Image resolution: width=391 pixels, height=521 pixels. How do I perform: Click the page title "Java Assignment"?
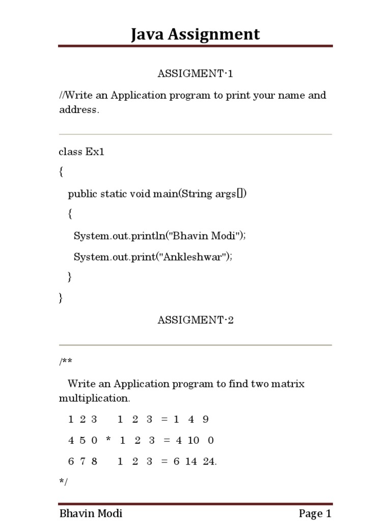[195, 34]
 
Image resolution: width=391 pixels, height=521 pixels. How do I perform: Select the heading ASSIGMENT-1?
[195, 74]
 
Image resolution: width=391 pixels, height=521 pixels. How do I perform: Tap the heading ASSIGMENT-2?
[195, 320]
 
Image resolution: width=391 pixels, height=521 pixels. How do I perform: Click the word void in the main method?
[141, 194]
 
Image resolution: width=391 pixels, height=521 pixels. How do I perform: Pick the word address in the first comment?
[78, 110]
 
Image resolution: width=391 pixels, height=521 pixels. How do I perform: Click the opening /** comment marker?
[66, 362]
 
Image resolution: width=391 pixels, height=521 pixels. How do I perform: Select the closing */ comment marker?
[64, 481]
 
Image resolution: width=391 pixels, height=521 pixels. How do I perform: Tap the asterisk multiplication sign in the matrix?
[108, 441]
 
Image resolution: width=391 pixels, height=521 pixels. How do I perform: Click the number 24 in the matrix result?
[209, 461]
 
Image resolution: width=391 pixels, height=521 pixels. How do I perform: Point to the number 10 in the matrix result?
[193, 441]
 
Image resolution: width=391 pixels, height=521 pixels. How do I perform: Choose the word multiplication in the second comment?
[91, 397]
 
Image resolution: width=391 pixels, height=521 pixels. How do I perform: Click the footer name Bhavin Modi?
[91, 513]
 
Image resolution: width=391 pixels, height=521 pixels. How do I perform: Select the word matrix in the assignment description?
[288, 384]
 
